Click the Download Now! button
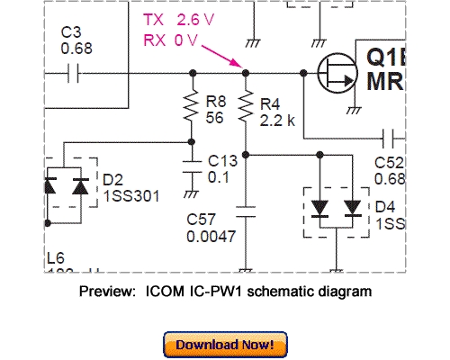[225, 344]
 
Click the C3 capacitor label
[71, 32]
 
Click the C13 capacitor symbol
[190, 166]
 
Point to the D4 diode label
[384, 206]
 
